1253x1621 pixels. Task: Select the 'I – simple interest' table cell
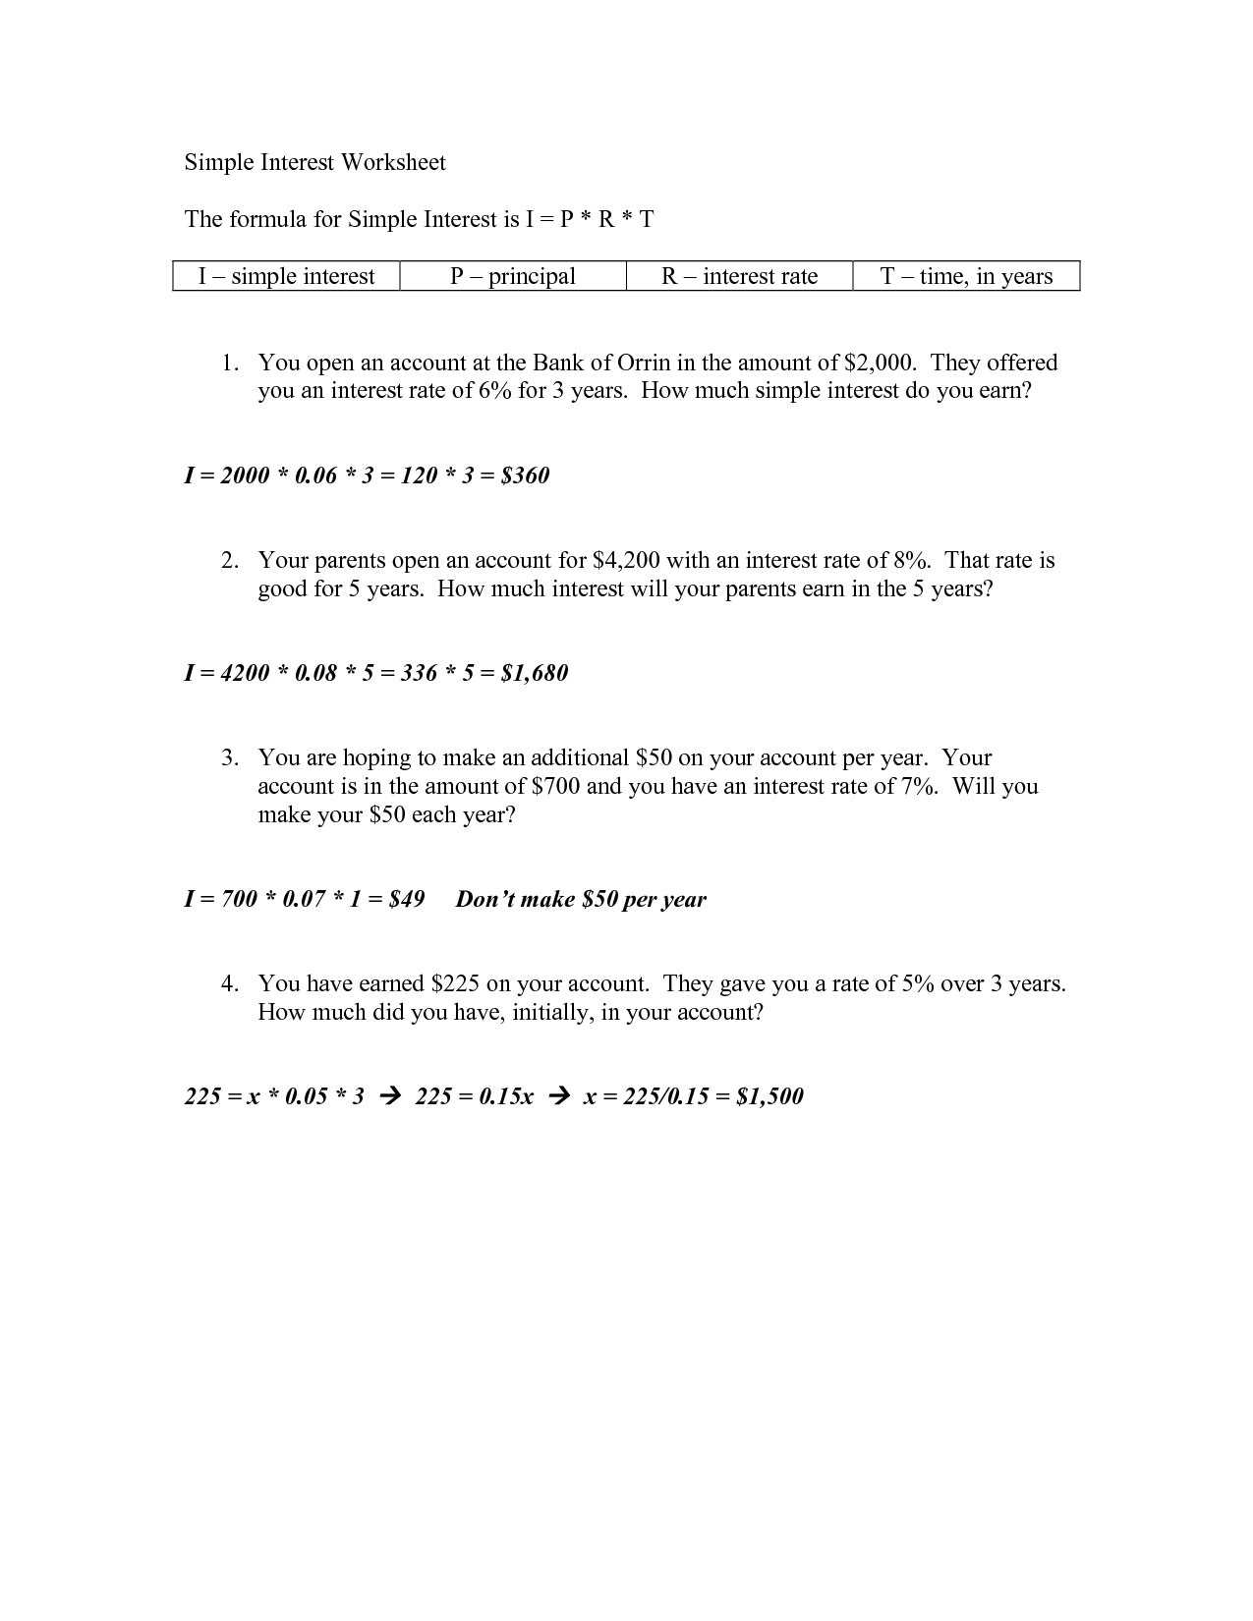pyautogui.click(x=286, y=276)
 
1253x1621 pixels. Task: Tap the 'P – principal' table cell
pyautogui.click(x=513, y=276)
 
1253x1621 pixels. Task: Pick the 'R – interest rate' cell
pyautogui.click(x=739, y=276)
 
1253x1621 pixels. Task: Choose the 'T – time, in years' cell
pyautogui.click(x=966, y=276)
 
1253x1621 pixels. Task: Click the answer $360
pyautogui.click(x=525, y=475)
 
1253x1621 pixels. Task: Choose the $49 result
pyautogui.click(x=406, y=899)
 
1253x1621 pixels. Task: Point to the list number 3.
pyautogui.click(x=228, y=757)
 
